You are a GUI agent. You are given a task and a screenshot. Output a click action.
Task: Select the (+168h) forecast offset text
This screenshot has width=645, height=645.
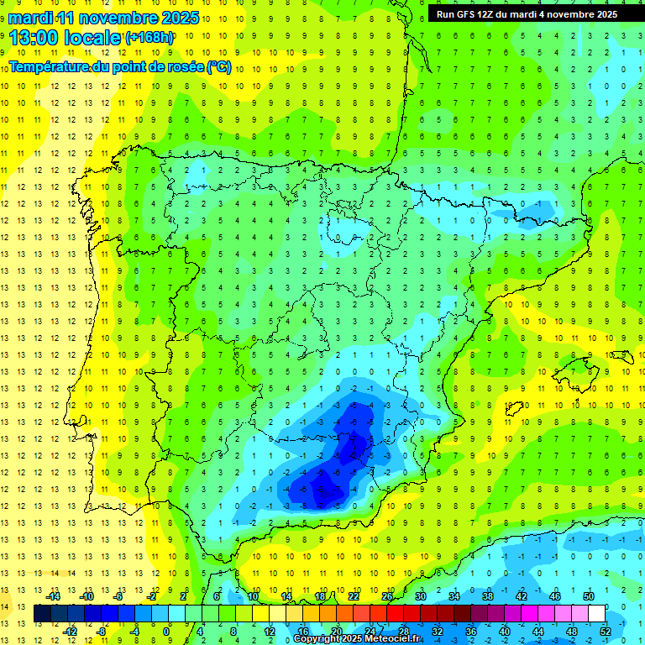149,37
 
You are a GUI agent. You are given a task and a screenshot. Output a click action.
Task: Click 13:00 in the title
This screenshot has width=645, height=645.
33,37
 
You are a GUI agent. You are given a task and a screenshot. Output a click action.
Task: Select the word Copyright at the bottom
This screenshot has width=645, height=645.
317,639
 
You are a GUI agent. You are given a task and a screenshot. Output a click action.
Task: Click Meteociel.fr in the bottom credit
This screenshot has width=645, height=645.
387,639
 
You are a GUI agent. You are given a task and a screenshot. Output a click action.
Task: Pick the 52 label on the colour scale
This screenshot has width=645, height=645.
606,631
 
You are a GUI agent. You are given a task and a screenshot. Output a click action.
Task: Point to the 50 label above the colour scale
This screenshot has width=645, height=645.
589,596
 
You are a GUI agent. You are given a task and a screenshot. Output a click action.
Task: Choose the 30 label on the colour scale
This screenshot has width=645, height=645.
420,596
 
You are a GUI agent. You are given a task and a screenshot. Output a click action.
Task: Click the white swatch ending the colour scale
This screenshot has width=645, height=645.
596,614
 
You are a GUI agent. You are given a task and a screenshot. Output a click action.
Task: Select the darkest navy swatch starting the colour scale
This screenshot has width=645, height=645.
42,614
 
